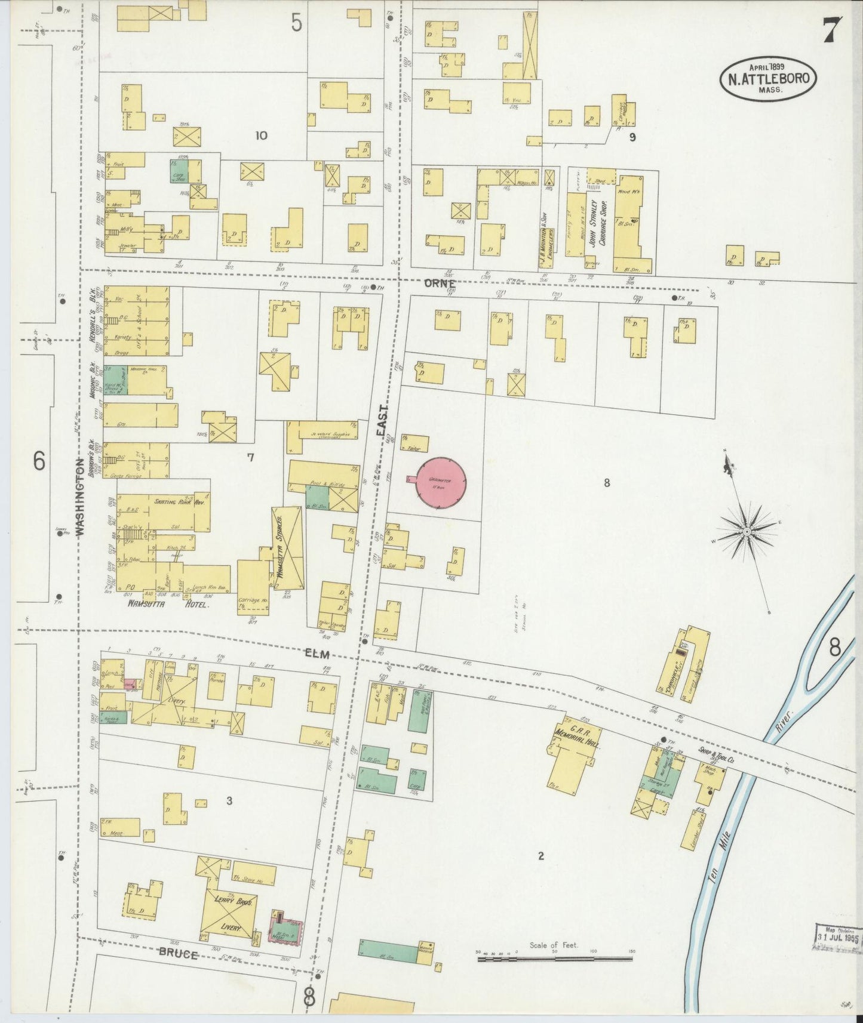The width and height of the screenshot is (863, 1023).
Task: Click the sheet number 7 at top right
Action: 832,30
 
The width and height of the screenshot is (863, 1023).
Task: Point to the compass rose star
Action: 747,531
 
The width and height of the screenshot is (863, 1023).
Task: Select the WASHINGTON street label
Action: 79,495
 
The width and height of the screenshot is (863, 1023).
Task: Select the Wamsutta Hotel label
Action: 168,605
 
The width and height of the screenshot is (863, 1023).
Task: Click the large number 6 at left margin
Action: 39,460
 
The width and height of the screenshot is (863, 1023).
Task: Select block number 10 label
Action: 260,135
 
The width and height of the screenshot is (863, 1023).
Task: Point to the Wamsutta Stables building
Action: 287,546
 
